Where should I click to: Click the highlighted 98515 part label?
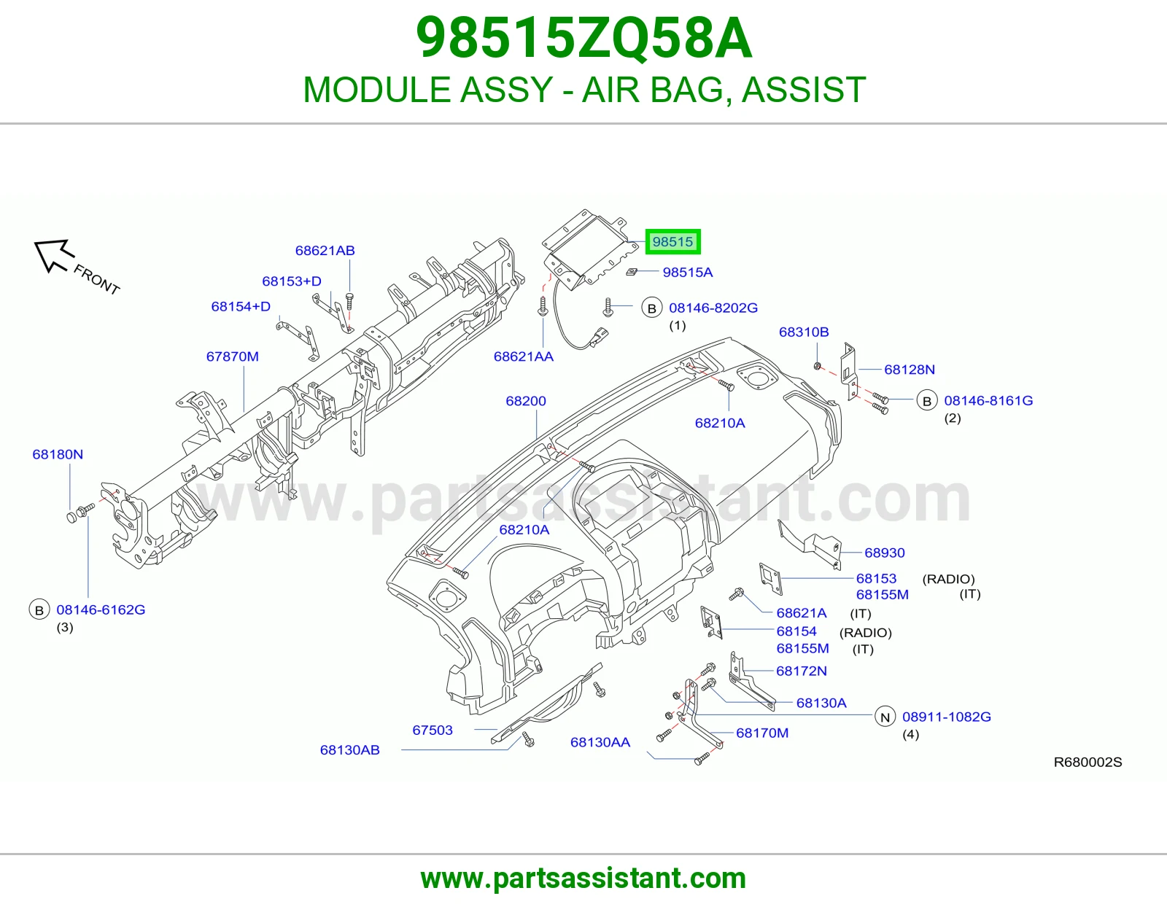672,241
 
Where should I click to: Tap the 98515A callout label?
687,272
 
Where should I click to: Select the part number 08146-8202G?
713,308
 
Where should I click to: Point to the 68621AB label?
325,250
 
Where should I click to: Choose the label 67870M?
233,356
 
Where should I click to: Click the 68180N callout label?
58,454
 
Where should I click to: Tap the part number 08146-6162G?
101,609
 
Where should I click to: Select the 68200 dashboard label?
526,401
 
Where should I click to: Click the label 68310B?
804,332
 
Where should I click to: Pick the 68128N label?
910,370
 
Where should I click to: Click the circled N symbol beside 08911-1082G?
885,717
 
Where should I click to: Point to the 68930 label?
885,553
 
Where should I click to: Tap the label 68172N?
802,671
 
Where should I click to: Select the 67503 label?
433,730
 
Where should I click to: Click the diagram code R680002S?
1088,763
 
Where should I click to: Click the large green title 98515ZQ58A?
583,38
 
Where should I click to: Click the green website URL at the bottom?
583,878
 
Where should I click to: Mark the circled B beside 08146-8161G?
927,401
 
